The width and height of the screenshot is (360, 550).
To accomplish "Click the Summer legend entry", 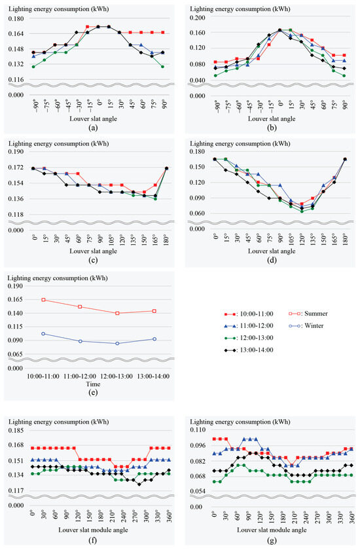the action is click(x=308, y=314).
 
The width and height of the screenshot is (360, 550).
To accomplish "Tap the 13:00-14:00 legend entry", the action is click(x=249, y=350).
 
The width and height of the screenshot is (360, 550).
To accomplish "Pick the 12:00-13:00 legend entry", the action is click(x=249, y=338).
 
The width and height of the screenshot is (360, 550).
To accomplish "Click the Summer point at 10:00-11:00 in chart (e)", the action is click(x=43, y=300).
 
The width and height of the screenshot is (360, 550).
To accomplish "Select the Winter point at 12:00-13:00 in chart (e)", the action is click(x=117, y=343).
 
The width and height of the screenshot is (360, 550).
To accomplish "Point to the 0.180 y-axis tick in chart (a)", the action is click(x=16, y=18).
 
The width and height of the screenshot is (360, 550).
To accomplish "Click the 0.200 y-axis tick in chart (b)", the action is click(x=198, y=18).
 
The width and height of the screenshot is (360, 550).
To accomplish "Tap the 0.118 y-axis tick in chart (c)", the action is click(x=16, y=215).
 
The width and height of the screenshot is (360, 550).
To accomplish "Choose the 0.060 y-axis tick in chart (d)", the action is click(x=198, y=213).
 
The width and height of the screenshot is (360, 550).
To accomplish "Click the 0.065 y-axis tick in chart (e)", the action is click(x=15, y=354).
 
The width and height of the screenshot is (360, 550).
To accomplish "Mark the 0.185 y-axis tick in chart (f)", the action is click(x=16, y=430).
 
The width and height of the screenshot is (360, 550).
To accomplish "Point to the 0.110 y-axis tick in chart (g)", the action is click(x=198, y=430).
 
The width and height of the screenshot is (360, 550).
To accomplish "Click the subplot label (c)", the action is click(x=93, y=260).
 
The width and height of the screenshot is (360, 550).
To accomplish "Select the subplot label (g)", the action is click(x=272, y=540).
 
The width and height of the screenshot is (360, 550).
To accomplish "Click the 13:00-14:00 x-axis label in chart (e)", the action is click(x=154, y=376).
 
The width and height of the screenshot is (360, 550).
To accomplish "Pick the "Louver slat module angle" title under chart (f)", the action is click(x=93, y=530).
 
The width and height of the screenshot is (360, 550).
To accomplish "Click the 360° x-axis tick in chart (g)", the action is click(x=352, y=518).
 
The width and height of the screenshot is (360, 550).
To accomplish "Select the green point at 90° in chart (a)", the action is click(x=162, y=66).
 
